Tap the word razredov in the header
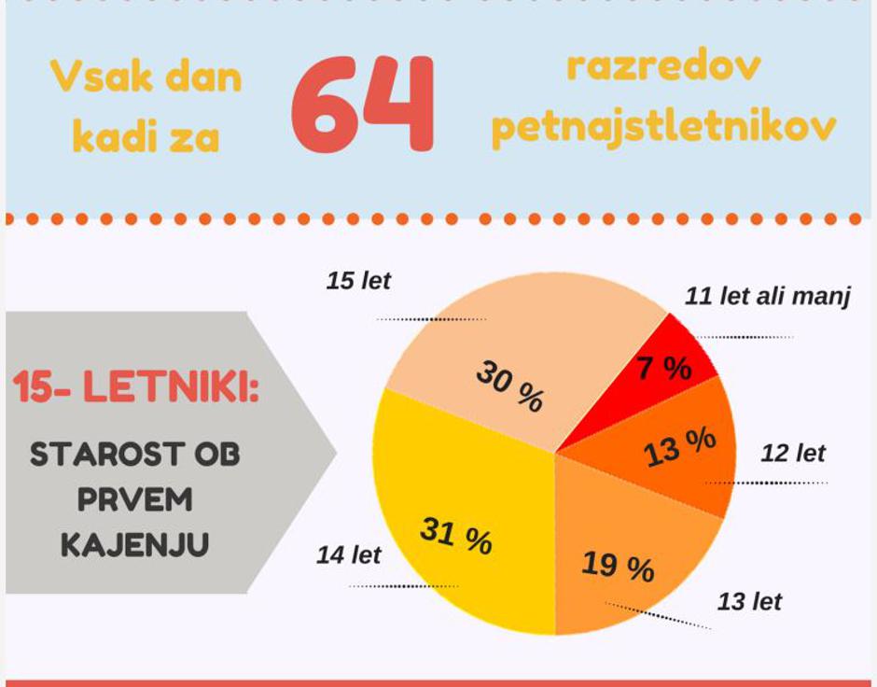663,68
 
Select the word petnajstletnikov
663,128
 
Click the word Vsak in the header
97,77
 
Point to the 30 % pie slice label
508,386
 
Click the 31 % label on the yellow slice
455,536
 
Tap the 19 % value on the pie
618,566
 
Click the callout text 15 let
358,281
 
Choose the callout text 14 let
349,555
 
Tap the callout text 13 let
749,602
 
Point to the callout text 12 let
793,455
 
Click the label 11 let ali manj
767,298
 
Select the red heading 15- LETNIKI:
136,388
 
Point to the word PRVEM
134,500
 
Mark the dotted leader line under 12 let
767,483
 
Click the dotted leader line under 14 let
403,586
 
